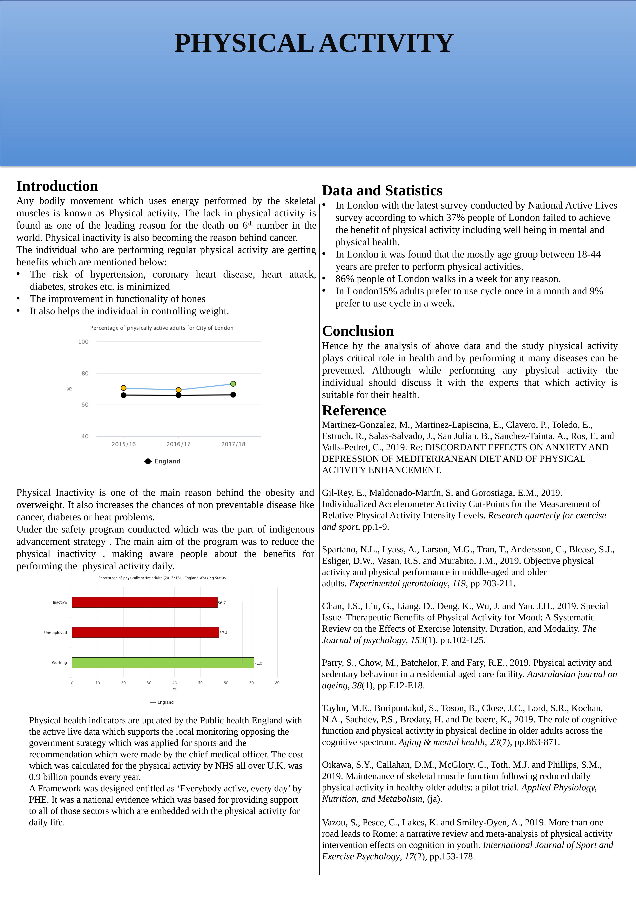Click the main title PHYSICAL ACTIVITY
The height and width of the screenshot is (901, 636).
click(314, 43)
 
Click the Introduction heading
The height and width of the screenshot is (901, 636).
click(57, 186)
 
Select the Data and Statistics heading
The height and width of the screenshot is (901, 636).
click(382, 191)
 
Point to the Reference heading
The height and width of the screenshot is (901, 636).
click(354, 410)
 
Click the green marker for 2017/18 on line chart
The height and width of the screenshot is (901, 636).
click(233, 384)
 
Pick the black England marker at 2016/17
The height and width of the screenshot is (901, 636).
click(179, 395)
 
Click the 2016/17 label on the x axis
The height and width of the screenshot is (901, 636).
click(179, 444)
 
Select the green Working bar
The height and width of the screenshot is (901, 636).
click(163, 663)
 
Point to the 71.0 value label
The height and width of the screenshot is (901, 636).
click(258, 663)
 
